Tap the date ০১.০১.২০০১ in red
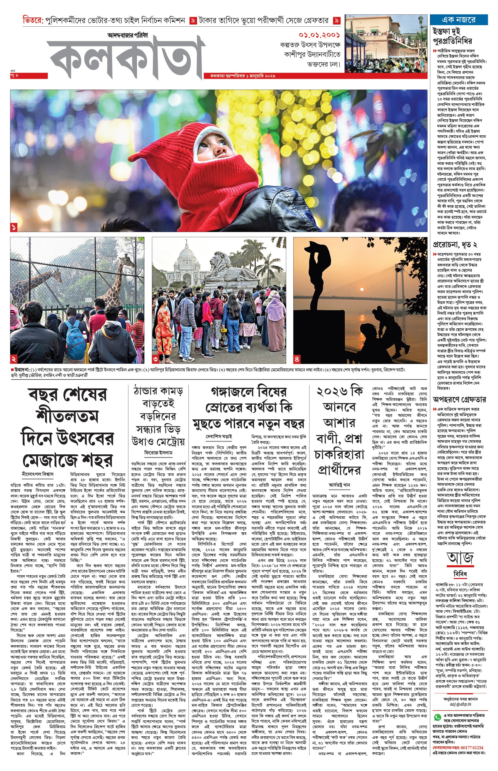tap(319, 35)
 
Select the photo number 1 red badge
tap(13, 228)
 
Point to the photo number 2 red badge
tap(13, 359)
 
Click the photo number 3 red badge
tap(156, 359)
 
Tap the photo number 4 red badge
tap(297, 359)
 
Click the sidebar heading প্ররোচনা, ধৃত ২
tap(455, 245)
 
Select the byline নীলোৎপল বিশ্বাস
tap(37, 474)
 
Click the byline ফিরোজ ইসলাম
tap(158, 452)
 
